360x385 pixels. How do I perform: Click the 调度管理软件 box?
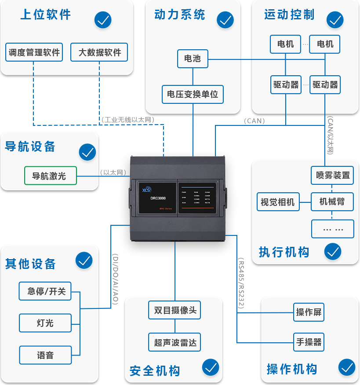tap(34, 52)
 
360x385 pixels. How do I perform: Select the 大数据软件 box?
tap(99, 52)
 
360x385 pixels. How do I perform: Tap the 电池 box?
tap(192, 59)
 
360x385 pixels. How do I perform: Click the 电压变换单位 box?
tap(193, 94)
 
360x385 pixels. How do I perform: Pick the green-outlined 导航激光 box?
tap(50, 176)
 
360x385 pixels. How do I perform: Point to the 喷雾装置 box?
tap(332, 175)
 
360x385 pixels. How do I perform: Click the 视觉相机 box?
tap(277, 202)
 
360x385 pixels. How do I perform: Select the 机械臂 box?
tap(332, 202)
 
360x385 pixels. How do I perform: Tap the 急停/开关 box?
tap(45, 291)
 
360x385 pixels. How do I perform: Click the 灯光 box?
tap(45, 323)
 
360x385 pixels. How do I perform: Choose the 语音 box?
tap(45, 355)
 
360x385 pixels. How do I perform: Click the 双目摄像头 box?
tap(175, 310)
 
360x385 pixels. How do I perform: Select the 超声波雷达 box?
tap(175, 342)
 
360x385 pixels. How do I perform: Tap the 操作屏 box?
tap(309, 312)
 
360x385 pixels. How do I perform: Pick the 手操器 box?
tap(309, 342)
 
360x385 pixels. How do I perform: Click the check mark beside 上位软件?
tap(103, 20)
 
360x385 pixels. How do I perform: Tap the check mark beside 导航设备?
tap(87, 152)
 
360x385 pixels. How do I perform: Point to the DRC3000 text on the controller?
tap(158, 198)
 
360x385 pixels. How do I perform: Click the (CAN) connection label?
tap(255, 121)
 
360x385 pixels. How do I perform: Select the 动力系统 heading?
tap(179, 15)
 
